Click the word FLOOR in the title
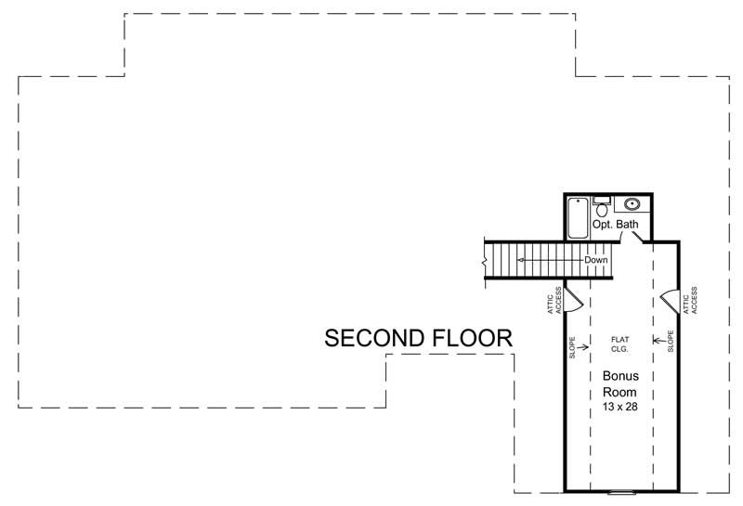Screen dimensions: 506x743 (474, 339)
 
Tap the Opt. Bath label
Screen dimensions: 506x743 (616, 225)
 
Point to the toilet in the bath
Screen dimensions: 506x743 (602, 209)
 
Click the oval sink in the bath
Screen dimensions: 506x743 (632, 203)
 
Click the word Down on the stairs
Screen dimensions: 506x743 (595, 260)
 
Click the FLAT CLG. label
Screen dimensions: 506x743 (620, 344)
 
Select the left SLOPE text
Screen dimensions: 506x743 (573, 348)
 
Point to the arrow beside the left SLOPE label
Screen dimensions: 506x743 (583, 348)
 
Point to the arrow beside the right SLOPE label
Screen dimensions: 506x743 (659, 338)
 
